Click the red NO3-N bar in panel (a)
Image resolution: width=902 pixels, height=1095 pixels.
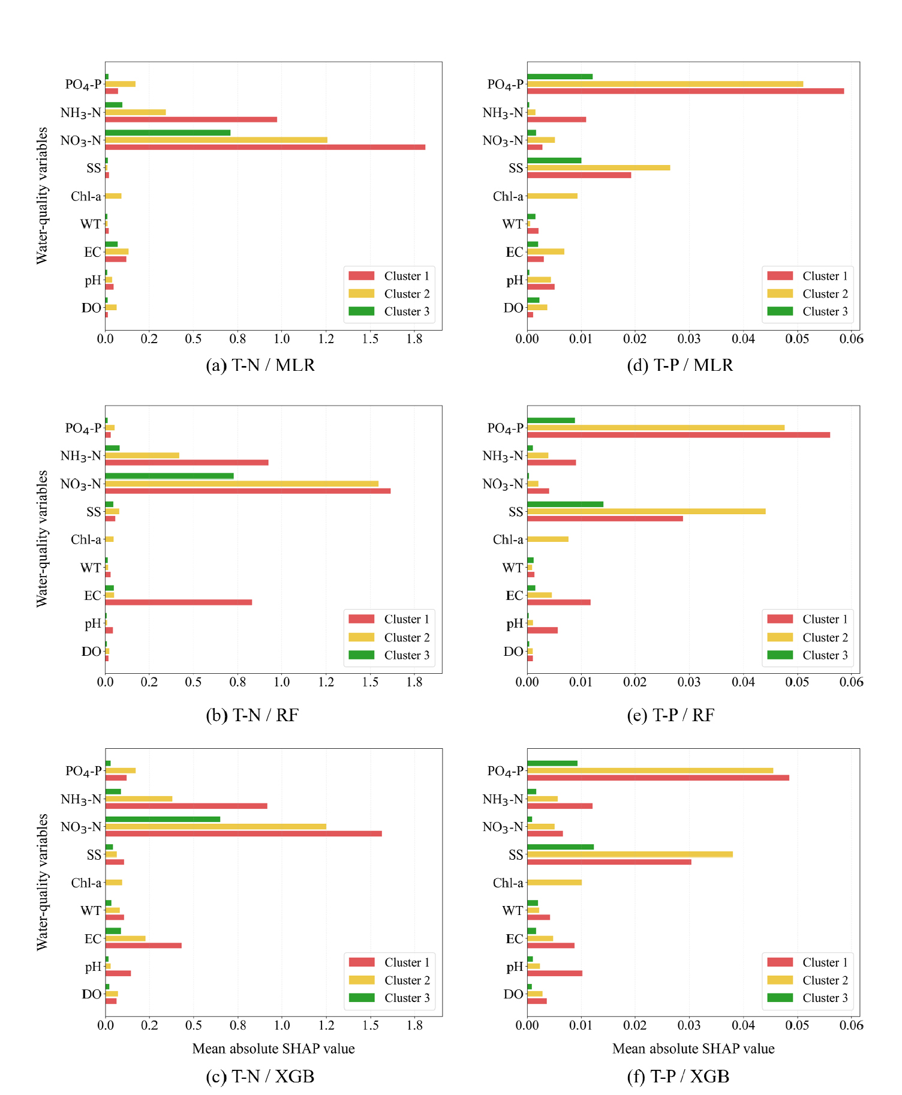[265, 147]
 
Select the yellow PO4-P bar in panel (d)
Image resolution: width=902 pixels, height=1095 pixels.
[665, 84]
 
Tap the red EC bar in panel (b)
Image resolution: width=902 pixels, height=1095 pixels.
[179, 602]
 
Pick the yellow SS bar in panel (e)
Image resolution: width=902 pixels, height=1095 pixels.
[646, 511]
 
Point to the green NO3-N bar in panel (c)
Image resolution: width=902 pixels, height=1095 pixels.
[163, 819]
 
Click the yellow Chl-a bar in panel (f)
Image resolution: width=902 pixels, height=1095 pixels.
[554, 883]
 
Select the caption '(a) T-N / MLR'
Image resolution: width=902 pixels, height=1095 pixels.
[260, 365]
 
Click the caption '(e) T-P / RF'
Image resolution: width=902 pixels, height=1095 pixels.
[671, 715]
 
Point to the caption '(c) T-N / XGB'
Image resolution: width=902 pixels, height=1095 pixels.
[260, 1077]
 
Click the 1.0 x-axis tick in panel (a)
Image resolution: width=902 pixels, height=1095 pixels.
[282, 339]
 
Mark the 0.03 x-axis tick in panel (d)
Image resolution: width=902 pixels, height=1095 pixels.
[689, 339]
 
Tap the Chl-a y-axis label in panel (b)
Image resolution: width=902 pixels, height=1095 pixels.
[86, 540]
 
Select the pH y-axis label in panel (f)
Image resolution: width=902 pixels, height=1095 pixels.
[515, 967]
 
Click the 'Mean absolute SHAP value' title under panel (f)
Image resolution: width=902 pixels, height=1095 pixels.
[693, 1049]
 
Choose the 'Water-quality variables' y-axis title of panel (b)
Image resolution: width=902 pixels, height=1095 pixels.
[42, 539]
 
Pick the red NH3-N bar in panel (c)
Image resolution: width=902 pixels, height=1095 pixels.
[186, 806]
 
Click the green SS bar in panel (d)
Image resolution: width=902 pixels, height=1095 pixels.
[554, 160]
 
